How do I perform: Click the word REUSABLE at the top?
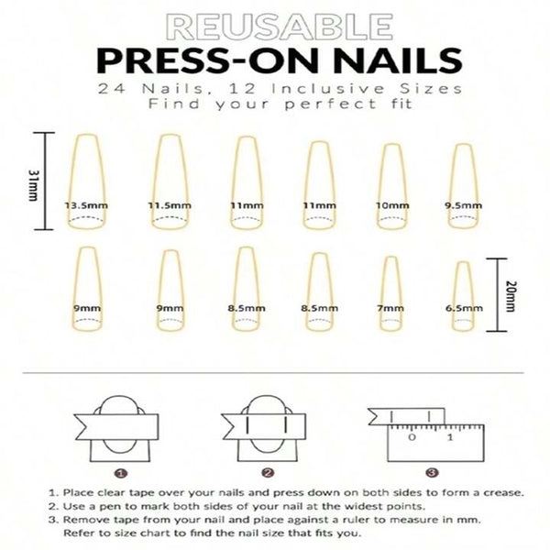tap(274, 24)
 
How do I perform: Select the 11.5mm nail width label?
tap(168, 205)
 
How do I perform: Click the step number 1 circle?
tap(120, 473)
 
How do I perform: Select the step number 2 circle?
tap(268, 473)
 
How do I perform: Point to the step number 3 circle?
tap(430, 473)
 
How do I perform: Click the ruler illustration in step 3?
tap(432, 439)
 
